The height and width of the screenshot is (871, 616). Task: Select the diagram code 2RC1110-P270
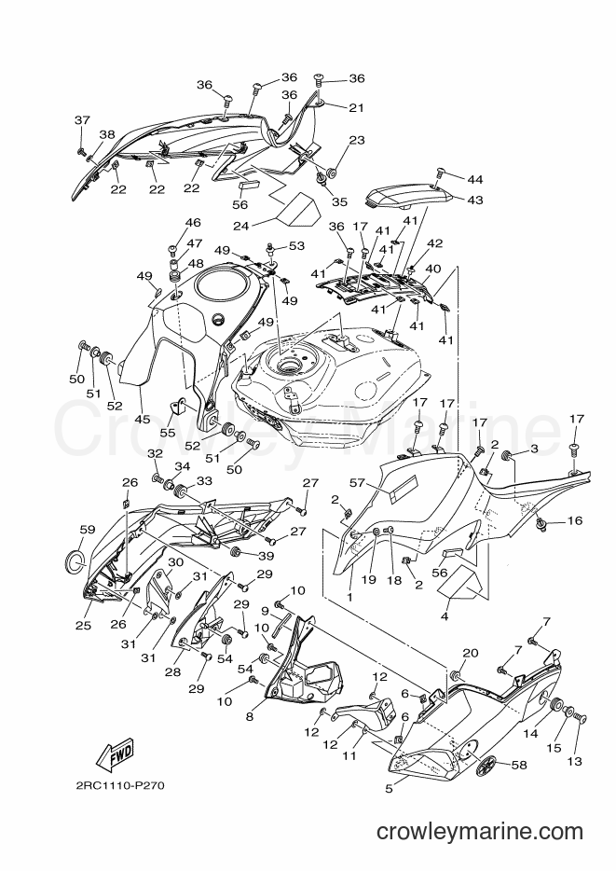click(120, 785)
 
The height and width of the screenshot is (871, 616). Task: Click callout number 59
click(87, 530)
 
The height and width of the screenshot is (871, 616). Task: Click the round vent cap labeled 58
click(486, 765)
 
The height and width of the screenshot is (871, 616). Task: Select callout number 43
click(475, 200)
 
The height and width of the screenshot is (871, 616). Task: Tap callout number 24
click(240, 225)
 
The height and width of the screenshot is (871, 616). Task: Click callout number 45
click(143, 419)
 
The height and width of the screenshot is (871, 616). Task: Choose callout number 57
click(357, 483)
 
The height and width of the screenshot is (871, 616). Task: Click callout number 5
click(389, 788)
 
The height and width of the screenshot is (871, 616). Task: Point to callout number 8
click(249, 716)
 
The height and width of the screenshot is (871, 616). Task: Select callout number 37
click(82, 120)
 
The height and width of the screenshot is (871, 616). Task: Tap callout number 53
click(297, 245)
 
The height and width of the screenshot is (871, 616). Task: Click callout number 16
click(575, 520)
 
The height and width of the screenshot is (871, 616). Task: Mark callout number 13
click(575, 760)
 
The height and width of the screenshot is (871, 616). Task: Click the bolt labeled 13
click(581, 719)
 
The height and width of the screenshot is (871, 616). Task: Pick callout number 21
click(356, 107)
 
